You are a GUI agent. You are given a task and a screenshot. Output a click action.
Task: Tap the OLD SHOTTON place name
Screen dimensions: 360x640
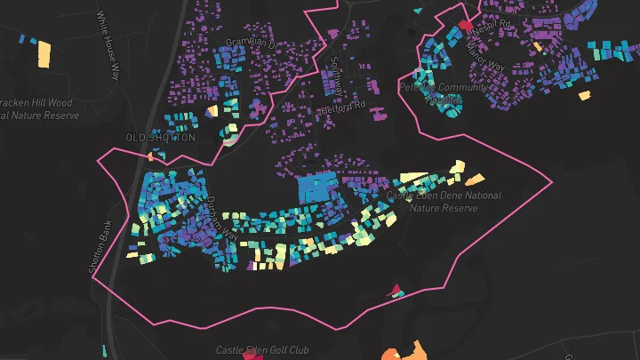[160, 138]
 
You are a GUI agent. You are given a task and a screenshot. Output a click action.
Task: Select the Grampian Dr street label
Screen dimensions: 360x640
[252, 43]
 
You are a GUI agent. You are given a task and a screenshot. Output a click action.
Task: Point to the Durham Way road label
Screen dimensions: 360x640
[220, 219]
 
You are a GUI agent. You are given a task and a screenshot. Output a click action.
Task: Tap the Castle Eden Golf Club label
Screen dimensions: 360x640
[261, 351]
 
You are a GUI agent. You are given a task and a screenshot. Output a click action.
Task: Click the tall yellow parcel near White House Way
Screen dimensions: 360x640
[43, 53]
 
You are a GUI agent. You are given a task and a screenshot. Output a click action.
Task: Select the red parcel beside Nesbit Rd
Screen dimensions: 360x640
[464, 25]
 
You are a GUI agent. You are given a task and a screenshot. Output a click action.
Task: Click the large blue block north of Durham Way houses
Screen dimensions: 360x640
[316, 188]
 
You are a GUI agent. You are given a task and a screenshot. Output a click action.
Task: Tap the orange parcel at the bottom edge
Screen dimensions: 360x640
[391, 355]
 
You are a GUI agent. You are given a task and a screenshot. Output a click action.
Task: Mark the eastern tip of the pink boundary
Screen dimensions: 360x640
[552, 183]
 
